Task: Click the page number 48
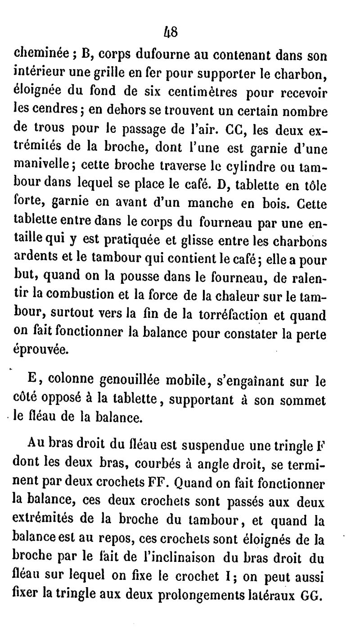pos(172,32)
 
